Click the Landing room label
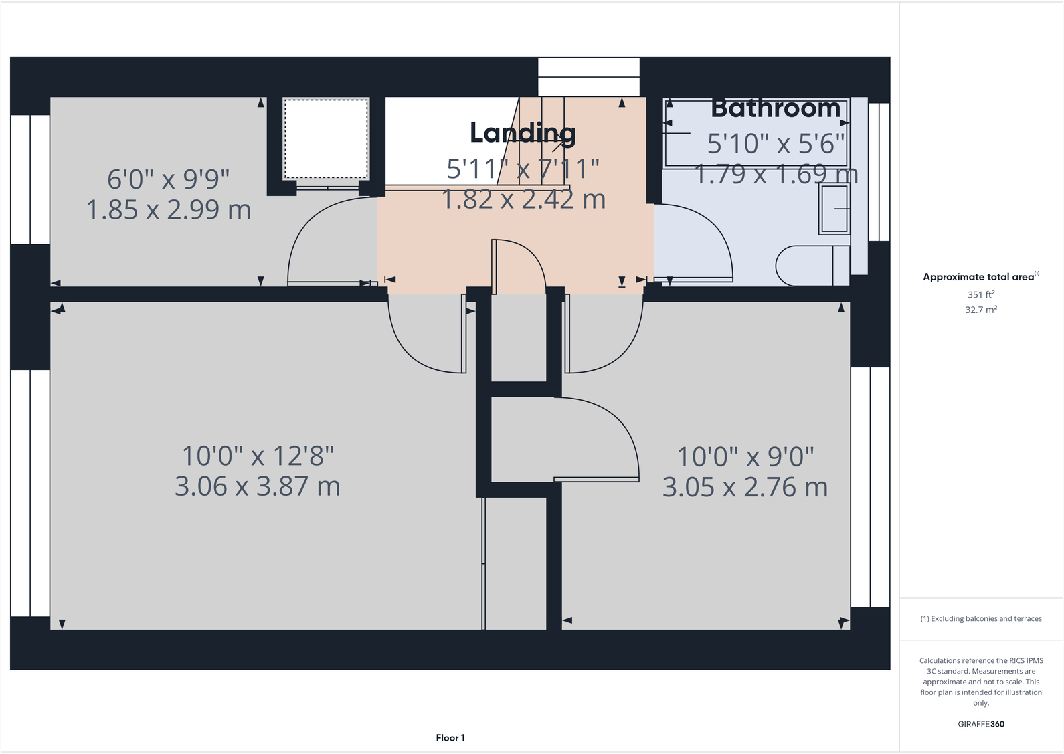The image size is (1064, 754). [x=523, y=133]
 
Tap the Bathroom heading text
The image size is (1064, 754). [x=775, y=108]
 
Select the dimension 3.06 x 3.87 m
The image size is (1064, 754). [x=257, y=486]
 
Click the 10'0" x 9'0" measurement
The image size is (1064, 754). [x=745, y=457]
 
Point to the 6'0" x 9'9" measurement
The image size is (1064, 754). [x=168, y=179]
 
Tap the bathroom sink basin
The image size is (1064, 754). [x=834, y=209]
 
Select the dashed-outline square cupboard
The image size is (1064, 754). [x=326, y=138]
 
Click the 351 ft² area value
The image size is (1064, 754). [x=980, y=294]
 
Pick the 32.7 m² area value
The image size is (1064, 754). [x=980, y=310]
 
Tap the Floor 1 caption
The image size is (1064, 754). [x=450, y=738]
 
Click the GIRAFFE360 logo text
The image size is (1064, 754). [x=980, y=724]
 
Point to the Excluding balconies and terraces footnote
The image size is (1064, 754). [x=980, y=619]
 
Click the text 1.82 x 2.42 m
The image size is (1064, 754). [x=523, y=199]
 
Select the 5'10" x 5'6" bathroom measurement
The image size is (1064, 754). [x=776, y=143]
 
